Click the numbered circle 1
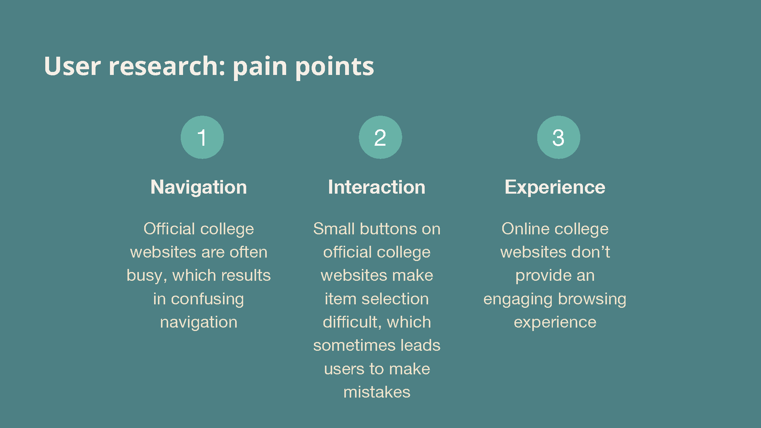[x=202, y=137]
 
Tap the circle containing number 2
[x=380, y=137]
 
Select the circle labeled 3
[x=559, y=137]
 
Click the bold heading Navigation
[x=199, y=187]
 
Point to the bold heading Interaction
[x=377, y=187]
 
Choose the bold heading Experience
[x=555, y=187]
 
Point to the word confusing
[x=207, y=299]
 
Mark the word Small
[x=334, y=229]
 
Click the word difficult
[x=352, y=322]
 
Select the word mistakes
[x=377, y=392]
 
